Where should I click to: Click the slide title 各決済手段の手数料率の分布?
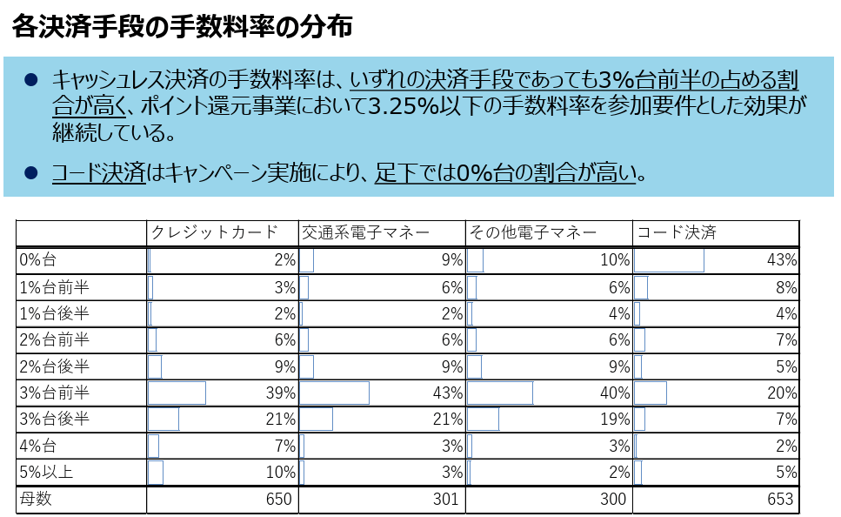(x=182, y=27)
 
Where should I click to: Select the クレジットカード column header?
(x=214, y=232)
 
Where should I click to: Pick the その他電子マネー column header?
(x=532, y=232)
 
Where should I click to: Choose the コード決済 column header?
(x=677, y=232)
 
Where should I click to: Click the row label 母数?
(x=36, y=499)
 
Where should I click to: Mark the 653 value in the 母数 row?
(x=780, y=499)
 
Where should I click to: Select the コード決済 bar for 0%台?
(x=669, y=259)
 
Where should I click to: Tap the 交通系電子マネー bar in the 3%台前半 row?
(x=334, y=393)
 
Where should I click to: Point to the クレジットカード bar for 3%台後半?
(x=164, y=419)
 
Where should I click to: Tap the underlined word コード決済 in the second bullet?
(x=98, y=172)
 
